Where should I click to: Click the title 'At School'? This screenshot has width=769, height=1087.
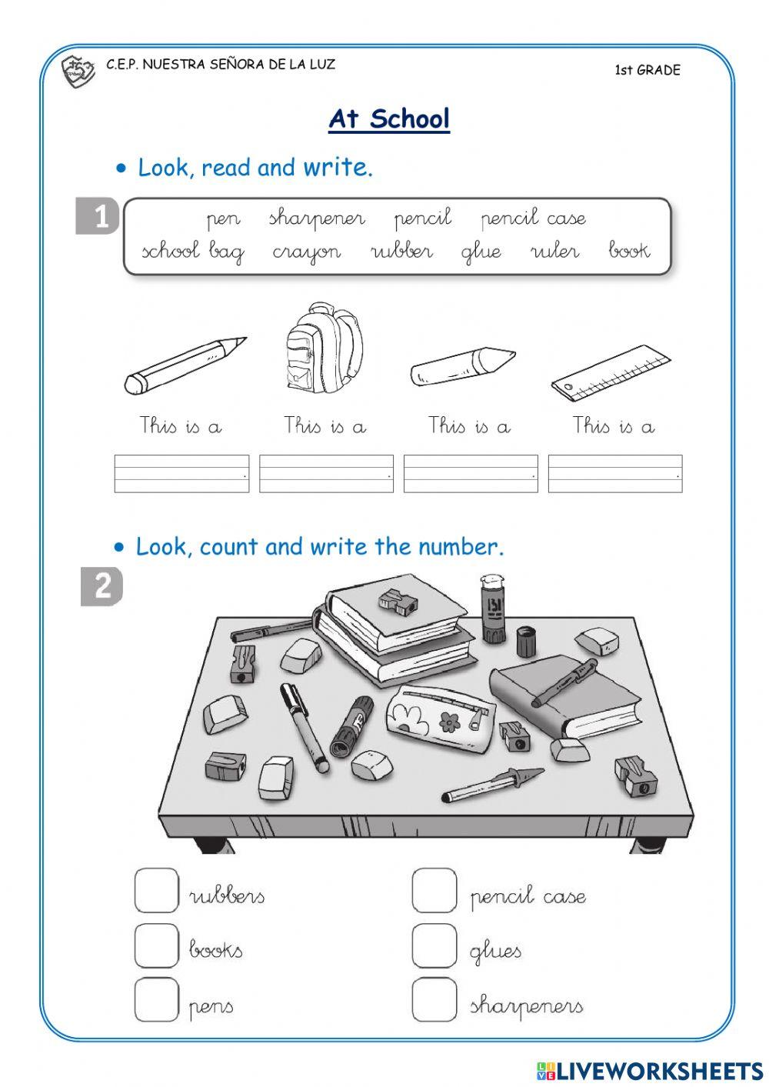(x=389, y=119)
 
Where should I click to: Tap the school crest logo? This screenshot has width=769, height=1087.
(x=78, y=71)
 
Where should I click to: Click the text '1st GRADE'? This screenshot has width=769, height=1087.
(x=647, y=70)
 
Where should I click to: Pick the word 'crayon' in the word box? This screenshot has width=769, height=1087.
(x=306, y=252)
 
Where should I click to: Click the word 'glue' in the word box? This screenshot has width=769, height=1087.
(x=481, y=252)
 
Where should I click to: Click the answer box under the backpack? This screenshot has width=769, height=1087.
(x=326, y=473)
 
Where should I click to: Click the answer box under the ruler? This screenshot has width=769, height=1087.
(x=614, y=473)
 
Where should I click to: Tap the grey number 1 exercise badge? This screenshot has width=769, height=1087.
(x=99, y=216)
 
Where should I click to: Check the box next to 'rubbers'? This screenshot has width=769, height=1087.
(x=156, y=891)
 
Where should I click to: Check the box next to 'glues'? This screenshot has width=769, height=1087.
(x=434, y=945)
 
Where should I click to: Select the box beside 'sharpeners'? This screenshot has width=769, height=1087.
(x=434, y=999)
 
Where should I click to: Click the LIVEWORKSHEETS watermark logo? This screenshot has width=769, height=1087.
(x=649, y=1071)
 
